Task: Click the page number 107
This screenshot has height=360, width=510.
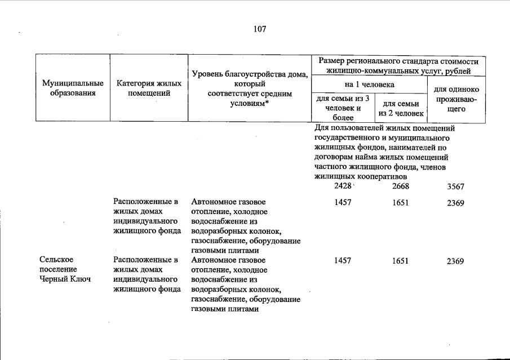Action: pyautogui.click(x=260, y=29)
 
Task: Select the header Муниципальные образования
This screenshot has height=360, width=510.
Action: pyautogui.click(x=73, y=88)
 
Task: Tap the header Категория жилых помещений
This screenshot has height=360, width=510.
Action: pyautogui.click(x=149, y=88)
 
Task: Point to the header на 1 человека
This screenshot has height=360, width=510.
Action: pyautogui.click(x=370, y=85)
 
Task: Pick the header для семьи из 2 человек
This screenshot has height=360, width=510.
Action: pyautogui.click(x=401, y=108)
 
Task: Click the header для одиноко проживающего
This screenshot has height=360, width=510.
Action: pyautogui.click(x=456, y=99)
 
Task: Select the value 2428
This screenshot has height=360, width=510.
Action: pyautogui.click(x=343, y=186)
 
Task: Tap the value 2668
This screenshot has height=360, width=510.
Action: pyautogui.click(x=400, y=187)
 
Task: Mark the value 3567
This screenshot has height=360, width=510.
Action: pyautogui.click(x=455, y=187)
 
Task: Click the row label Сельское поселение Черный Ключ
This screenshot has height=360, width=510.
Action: pyautogui.click(x=65, y=270)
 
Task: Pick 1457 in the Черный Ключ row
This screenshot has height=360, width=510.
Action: pyautogui.click(x=343, y=261)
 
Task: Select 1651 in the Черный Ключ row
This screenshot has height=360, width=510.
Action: pyautogui.click(x=400, y=261)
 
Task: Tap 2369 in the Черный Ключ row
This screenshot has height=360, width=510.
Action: pyautogui.click(x=455, y=261)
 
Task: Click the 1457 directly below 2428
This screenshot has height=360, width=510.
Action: pyautogui.click(x=343, y=203)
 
